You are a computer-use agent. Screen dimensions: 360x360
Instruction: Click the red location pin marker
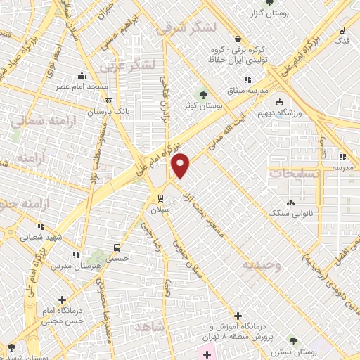click(181, 165)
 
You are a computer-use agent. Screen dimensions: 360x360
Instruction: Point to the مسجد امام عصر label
click(82, 86)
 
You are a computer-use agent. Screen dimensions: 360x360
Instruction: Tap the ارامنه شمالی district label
click(38, 120)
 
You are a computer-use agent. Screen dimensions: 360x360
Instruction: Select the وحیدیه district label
click(263, 264)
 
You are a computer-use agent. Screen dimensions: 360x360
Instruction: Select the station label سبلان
click(161, 209)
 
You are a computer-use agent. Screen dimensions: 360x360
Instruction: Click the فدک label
click(342, 41)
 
